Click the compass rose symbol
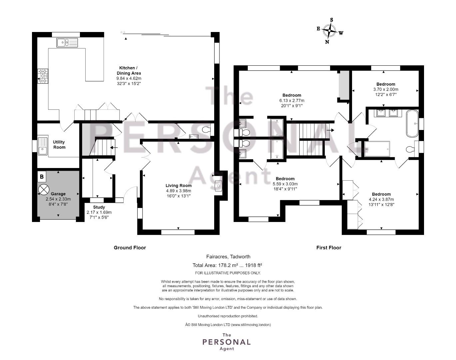coord(329,31)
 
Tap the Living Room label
coord(179,185)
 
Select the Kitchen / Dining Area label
coord(129,70)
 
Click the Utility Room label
coord(59,144)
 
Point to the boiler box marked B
coord(42,176)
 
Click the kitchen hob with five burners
coord(43,76)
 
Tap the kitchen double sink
coord(67,43)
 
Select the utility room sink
coord(43,146)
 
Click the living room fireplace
coord(219,186)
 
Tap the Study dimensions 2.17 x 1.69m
coord(99,212)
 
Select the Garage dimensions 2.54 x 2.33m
coord(58,199)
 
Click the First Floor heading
coord(329,248)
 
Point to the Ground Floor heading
coord(130,248)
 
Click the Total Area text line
coord(227,265)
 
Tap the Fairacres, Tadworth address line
coord(228,257)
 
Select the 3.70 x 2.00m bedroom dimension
coord(386,89)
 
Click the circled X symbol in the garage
coord(43,190)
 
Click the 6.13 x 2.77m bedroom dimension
coord(291,100)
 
